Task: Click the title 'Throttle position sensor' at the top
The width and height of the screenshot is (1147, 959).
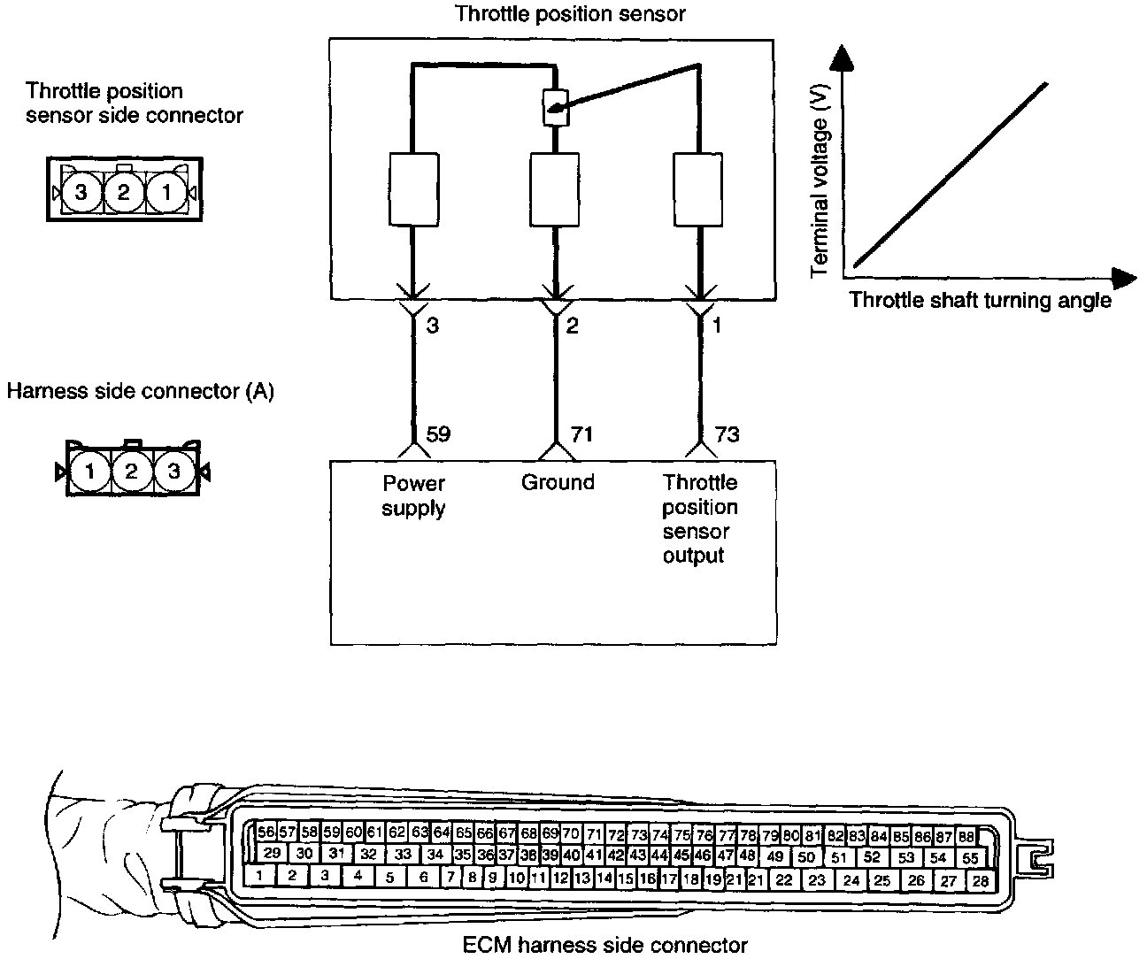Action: pyautogui.click(x=570, y=13)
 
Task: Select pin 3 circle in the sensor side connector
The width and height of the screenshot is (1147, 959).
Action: pyautogui.click(x=81, y=191)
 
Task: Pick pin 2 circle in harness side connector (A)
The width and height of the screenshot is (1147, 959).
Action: pyautogui.click(x=131, y=472)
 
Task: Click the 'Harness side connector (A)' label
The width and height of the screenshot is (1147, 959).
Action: pyautogui.click(x=140, y=391)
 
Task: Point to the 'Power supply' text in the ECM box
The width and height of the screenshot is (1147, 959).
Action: pyautogui.click(x=413, y=495)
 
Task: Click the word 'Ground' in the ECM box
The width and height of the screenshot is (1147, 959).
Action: pyautogui.click(x=557, y=482)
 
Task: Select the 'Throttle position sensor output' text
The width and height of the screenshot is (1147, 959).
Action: pyautogui.click(x=699, y=518)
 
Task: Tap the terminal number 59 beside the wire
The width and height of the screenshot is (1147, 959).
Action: pyautogui.click(x=438, y=434)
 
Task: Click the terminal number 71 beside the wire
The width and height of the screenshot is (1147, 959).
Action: pyautogui.click(x=581, y=434)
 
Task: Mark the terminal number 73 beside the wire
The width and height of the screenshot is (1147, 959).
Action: pyautogui.click(x=727, y=434)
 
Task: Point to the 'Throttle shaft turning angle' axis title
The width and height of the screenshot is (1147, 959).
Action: pyautogui.click(x=980, y=300)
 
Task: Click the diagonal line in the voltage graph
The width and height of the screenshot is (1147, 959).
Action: pyautogui.click(x=951, y=173)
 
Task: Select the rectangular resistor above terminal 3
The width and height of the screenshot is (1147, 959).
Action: pyautogui.click(x=413, y=188)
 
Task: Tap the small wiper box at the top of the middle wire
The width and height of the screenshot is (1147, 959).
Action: pyautogui.click(x=555, y=108)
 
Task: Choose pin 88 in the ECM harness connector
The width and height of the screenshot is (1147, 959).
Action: pyautogui.click(x=966, y=836)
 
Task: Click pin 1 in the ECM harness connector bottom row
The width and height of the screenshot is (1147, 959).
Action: pyautogui.click(x=258, y=877)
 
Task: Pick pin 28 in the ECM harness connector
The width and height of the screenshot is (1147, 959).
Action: pyautogui.click(x=980, y=880)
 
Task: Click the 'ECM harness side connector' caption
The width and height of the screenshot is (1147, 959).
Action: pyautogui.click(x=604, y=945)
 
